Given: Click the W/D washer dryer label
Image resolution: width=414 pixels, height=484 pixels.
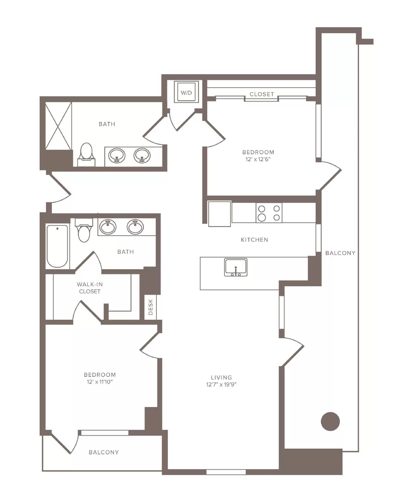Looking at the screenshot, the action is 186,93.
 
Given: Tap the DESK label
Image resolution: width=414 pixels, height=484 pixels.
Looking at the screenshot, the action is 151,307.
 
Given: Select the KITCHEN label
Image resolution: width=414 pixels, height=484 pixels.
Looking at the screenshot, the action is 254,240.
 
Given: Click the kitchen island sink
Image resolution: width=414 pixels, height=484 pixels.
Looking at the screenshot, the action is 236,267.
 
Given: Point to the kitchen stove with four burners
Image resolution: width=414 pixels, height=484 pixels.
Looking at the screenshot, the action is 269,213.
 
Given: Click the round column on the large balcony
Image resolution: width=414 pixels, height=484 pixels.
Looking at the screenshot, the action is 330,421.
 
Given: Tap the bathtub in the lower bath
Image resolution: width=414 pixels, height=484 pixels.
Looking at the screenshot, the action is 57,246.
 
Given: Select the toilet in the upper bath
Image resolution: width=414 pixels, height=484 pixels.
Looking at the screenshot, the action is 86,154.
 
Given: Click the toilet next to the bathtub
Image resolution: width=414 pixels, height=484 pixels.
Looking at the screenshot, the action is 84,231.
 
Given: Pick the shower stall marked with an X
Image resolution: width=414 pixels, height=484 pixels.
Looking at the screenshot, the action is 58,126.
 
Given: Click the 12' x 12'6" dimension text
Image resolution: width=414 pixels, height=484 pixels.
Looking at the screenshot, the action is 258,159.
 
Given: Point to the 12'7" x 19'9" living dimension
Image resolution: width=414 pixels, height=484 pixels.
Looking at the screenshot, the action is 221,384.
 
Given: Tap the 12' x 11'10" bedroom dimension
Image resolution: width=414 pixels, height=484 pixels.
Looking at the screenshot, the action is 100,382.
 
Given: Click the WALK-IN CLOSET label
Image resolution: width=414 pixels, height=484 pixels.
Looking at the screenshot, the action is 90,288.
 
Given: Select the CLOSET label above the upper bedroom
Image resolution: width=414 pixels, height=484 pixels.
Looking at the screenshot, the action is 262,94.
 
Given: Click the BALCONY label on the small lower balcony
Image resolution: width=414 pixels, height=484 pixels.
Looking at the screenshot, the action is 103,452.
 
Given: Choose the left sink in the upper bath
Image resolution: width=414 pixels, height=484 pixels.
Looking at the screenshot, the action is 117,155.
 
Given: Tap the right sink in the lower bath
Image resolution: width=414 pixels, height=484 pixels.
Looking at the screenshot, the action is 135,227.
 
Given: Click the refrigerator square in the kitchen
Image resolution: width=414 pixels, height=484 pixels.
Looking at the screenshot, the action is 220,214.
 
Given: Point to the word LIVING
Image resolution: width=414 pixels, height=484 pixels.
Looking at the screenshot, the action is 221,377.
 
